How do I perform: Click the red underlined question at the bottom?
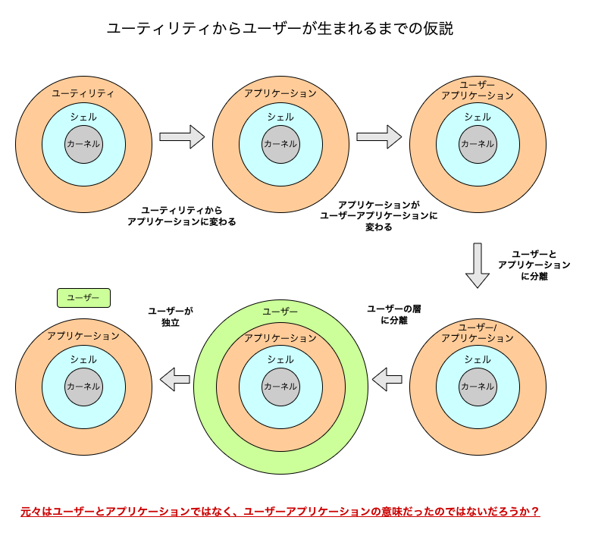(280, 512)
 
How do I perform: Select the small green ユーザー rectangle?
(83, 298)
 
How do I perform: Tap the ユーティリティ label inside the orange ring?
(83, 93)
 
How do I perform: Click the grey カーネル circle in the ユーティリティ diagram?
(83, 143)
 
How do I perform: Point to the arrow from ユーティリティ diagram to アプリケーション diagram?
(183, 136)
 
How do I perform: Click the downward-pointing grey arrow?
(478, 265)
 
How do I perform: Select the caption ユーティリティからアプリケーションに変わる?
(182, 216)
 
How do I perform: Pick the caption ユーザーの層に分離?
(393, 315)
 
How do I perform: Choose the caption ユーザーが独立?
(171, 317)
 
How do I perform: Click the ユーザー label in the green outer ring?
(280, 312)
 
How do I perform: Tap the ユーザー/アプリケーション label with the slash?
(478, 333)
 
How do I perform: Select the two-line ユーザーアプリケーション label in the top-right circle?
(478, 90)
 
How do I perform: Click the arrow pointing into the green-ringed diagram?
(387, 377)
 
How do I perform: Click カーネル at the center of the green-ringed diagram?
(280, 386)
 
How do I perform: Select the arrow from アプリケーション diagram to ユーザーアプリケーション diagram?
(379, 136)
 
